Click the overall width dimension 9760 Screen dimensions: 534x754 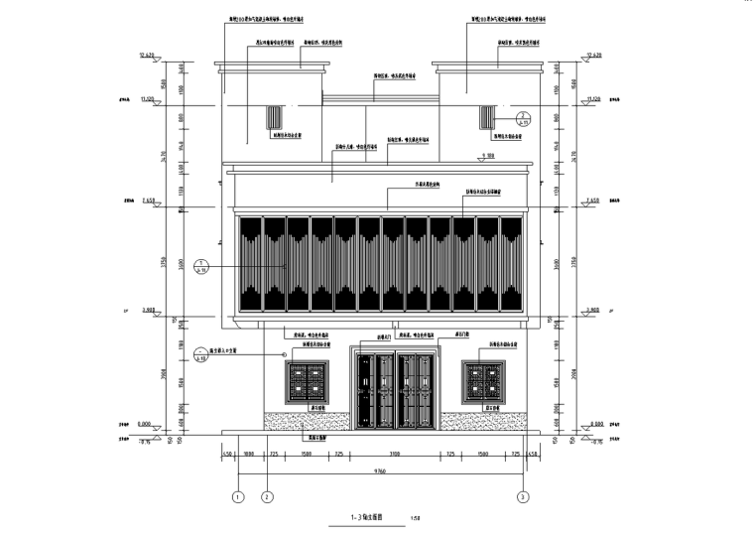(x=380, y=469)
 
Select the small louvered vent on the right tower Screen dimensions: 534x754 (x=486, y=117)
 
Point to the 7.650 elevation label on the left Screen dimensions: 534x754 (x=150, y=200)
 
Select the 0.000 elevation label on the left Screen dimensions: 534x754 (x=150, y=423)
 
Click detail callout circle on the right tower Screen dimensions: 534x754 (x=525, y=118)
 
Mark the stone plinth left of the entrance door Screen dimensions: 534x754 (x=308, y=421)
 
